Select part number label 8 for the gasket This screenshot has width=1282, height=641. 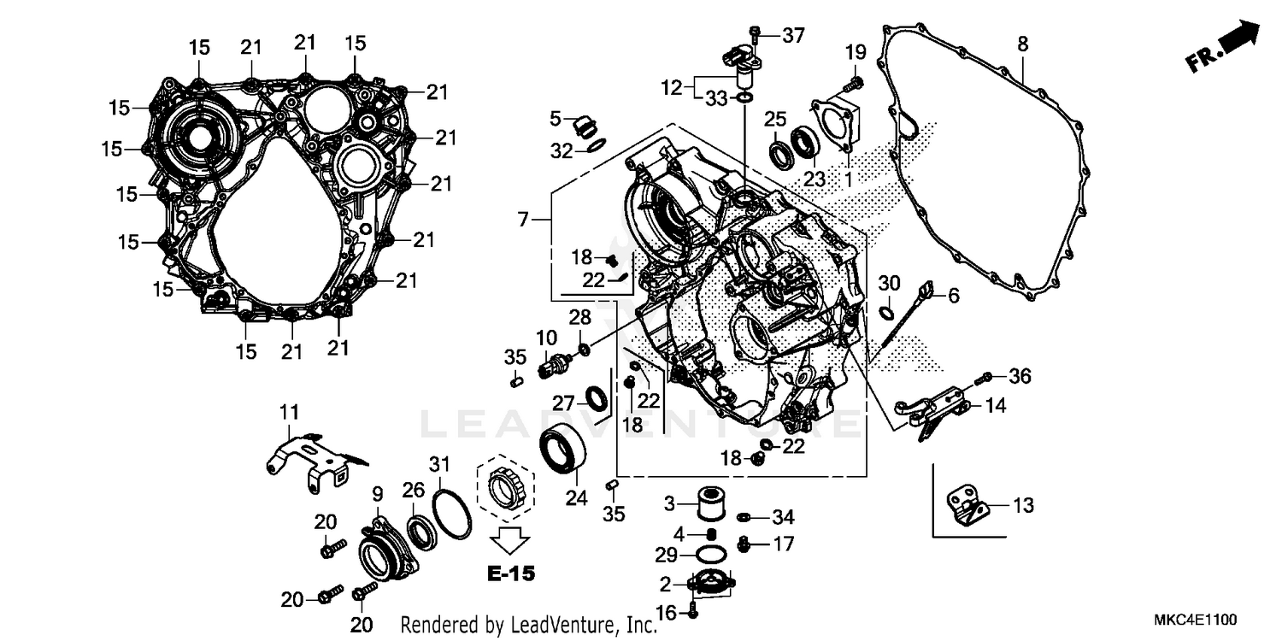(x=1023, y=43)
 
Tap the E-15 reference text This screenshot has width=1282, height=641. (x=511, y=573)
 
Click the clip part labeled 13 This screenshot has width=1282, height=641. (x=967, y=506)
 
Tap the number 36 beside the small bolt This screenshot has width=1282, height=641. (x=1020, y=376)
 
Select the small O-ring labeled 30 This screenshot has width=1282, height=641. (x=888, y=312)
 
